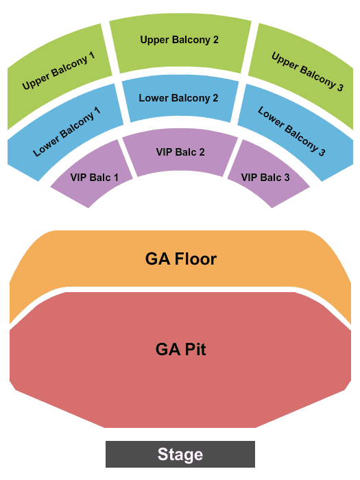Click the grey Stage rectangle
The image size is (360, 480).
180,454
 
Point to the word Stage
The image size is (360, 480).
180,455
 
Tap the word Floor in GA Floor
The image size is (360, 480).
195,259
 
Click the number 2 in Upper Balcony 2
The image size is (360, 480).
215,40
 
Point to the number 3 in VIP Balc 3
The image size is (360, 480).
287,178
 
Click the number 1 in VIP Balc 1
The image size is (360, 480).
116,178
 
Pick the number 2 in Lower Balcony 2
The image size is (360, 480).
215,98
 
